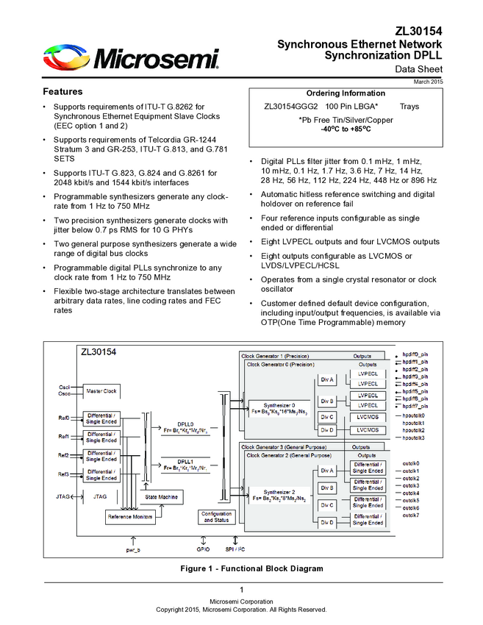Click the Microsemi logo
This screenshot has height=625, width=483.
(131, 57)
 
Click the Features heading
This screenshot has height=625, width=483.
(62, 92)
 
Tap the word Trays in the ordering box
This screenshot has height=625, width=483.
(409, 107)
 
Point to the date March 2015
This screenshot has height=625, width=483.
(428, 81)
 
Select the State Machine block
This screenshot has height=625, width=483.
(162, 498)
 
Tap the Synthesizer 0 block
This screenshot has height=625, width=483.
(279, 408)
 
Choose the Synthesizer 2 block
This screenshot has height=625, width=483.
(279, 495)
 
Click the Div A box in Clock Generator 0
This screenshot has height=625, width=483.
(327, 379)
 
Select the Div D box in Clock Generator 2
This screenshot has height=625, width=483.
(327, 523)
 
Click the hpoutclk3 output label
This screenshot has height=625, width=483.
(414, 438)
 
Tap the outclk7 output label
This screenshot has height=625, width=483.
(411, 515)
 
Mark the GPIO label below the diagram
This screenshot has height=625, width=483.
(204, 549)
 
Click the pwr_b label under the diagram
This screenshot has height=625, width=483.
(133, 549)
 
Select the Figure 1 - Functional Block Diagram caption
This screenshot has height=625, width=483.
(241, 569)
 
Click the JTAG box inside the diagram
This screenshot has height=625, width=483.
(101, 497)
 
